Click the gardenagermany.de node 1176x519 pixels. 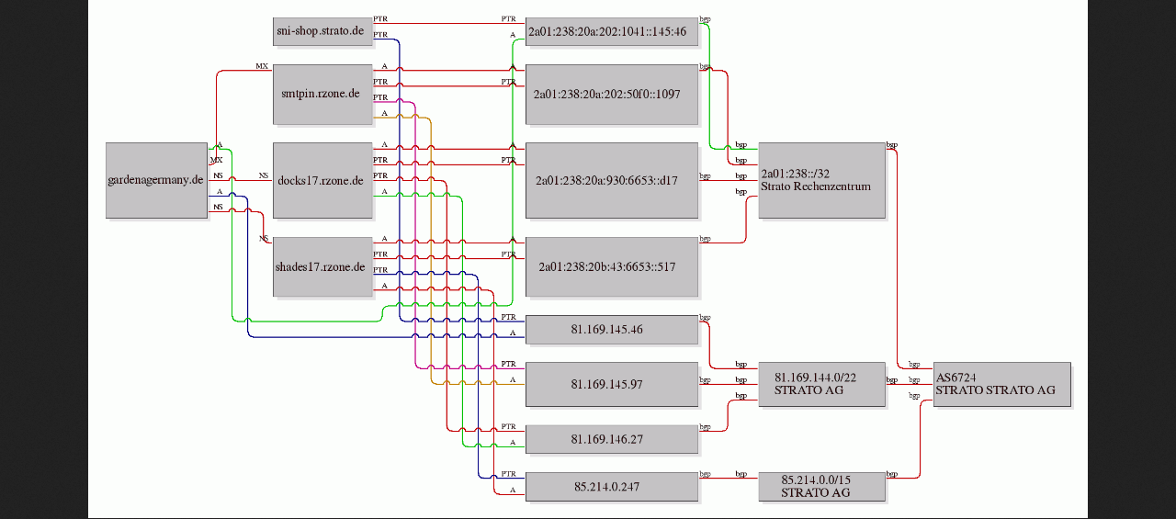[156, 180]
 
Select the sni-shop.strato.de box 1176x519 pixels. [322, 31]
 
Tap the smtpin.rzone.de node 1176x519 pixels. [322, 95]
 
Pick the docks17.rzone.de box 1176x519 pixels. [322, 180]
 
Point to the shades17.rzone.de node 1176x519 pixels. [322, 266]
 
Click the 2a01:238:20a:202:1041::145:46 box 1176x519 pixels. [612, 31]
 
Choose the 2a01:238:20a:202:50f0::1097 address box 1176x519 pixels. [612, 95]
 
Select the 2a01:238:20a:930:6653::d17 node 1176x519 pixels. [612, 180]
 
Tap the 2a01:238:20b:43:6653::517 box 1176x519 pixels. [612, 266]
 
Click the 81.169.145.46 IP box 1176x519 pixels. [612, 330]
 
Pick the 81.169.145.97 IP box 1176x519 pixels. [612, 384]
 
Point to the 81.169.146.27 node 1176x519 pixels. [612, 439]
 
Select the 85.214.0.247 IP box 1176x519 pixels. [612, 487]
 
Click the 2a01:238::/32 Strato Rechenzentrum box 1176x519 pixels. [821, 180]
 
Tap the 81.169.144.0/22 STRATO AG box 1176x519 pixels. [821, 384]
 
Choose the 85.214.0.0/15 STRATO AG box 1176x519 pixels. [821, 487]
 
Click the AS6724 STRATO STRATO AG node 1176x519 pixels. [1002, 384]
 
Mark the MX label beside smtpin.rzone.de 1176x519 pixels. [262, 66]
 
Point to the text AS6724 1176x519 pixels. [956, 378]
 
